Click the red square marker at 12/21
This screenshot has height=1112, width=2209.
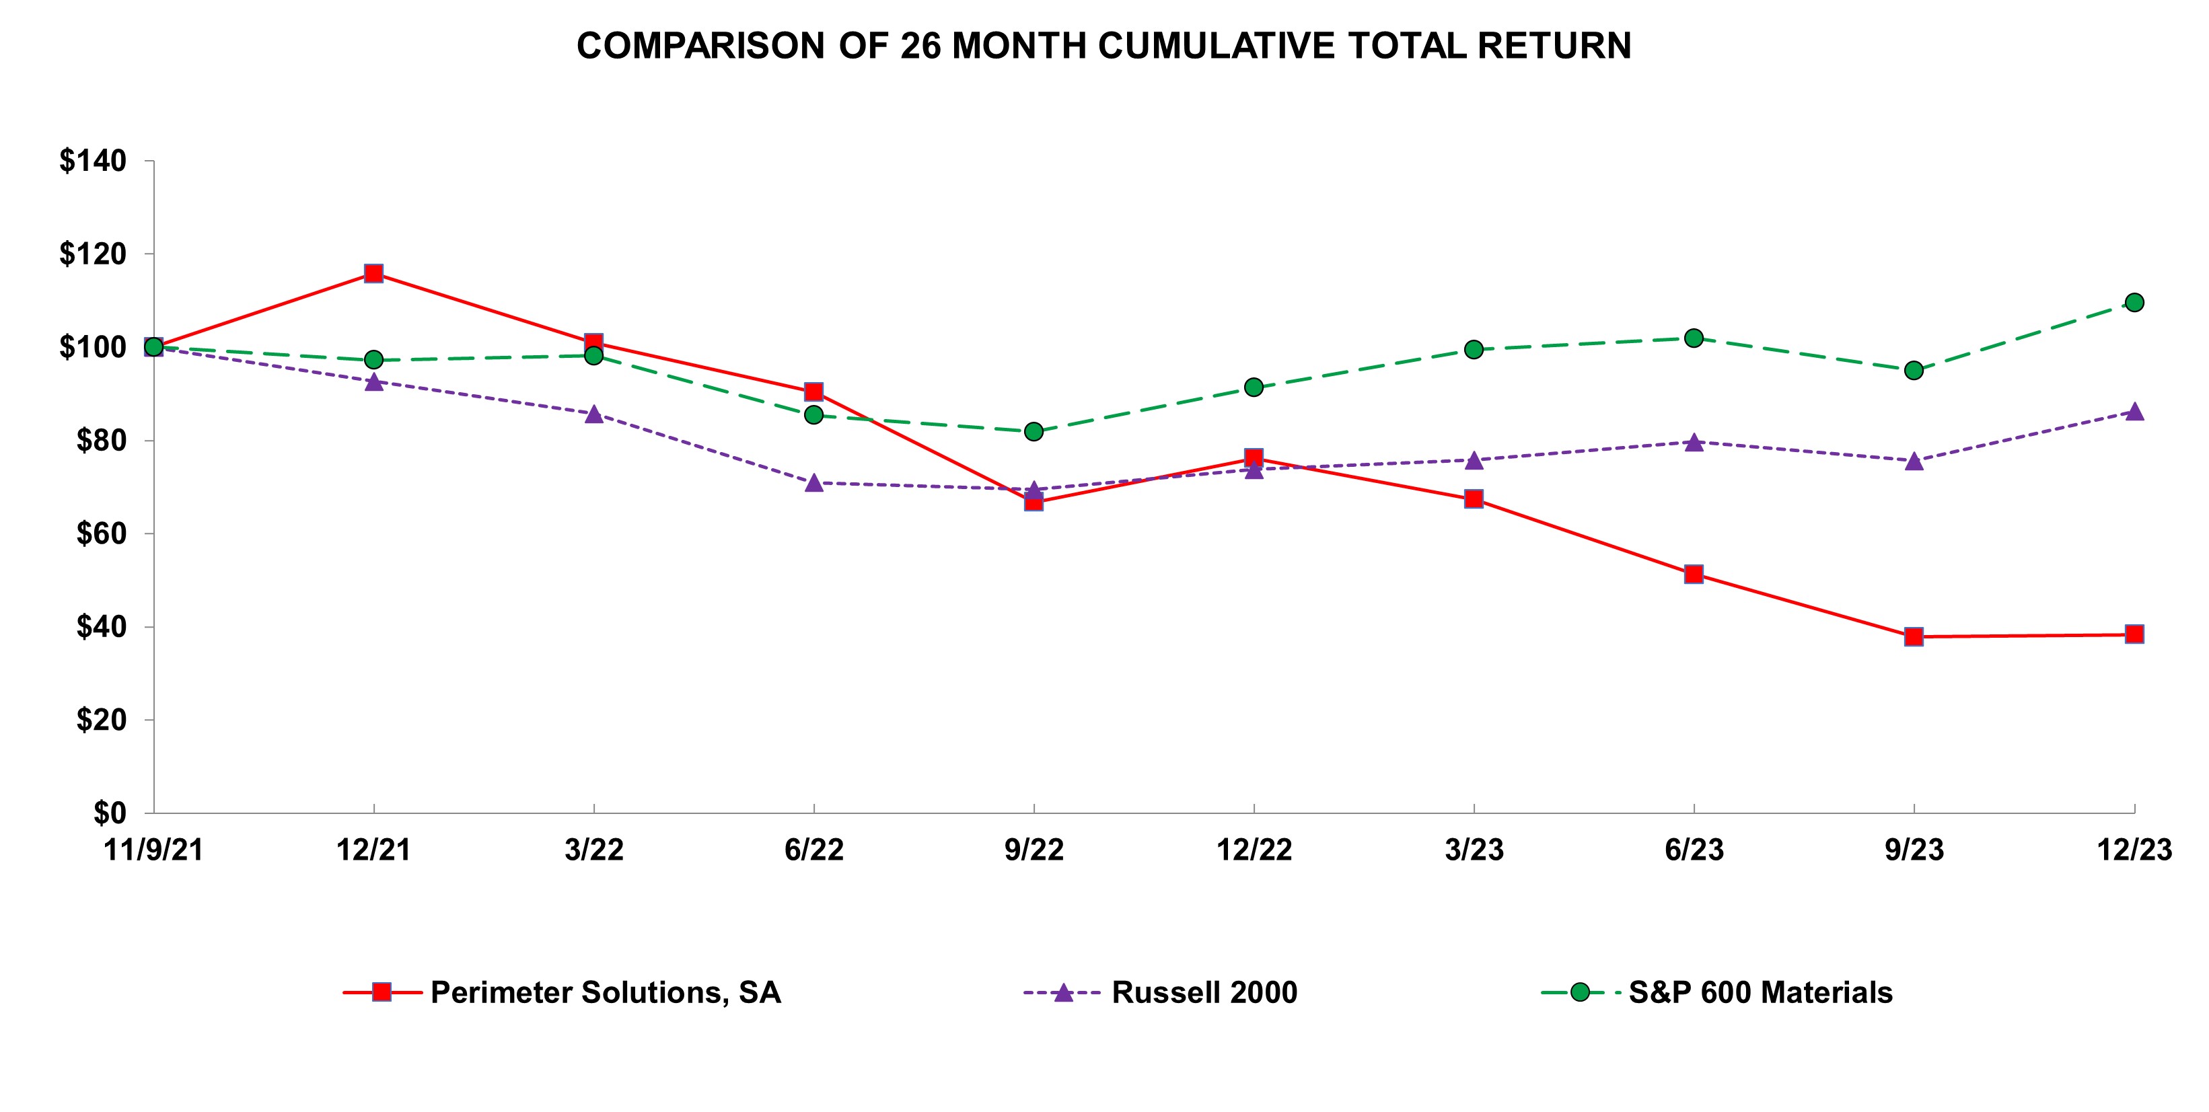[x=374, y=274]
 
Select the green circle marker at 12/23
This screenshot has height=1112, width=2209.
[x=2134, y=303]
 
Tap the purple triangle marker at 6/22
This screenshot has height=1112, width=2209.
[x=813, y=484]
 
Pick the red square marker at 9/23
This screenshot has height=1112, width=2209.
[x=1914, y=636]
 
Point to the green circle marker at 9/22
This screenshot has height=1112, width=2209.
[x=1034, y=431]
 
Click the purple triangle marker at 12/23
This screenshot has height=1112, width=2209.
[x=2134, y=412]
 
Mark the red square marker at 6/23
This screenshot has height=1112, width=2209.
[x=1694, y=574]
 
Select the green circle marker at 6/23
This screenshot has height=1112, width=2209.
[x=1694, y=338]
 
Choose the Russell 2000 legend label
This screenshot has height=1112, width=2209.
[x=1204, y=992]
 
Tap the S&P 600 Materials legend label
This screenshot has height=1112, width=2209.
[x=1760, y=992]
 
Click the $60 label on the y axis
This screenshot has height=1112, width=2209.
[x=101, y=533]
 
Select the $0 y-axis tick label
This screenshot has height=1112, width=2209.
[x=110, y=812]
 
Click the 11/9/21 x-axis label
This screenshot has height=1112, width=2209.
[x=153, y=850]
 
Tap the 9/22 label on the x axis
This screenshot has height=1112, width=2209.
[x=1034, y=850]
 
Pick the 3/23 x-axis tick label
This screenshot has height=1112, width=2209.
[x=1474, y=850]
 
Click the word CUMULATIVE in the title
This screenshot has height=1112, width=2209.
[x=1216, y=46]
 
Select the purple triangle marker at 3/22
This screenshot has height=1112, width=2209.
[x=594, y=415]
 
